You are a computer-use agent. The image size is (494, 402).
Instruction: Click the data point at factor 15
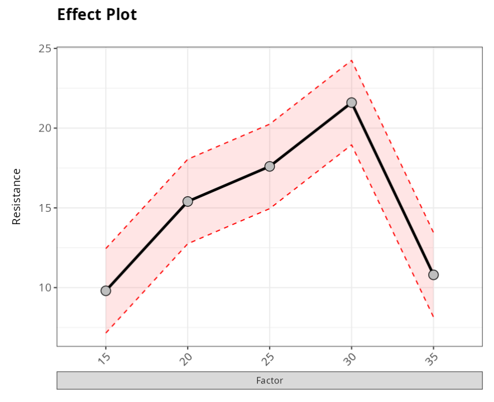[105, 290]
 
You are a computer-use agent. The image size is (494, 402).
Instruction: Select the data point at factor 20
[188, 201]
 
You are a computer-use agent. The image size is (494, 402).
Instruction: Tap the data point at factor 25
[270, 166]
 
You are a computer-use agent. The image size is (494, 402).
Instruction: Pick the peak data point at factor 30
[352, 103]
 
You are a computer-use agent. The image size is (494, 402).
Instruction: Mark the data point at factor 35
[433, 275]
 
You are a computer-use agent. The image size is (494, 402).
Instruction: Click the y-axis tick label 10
[45, 288]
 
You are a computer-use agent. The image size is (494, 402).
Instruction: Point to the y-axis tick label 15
[45, 208]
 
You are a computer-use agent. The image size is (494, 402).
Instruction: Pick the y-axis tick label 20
[45, 128]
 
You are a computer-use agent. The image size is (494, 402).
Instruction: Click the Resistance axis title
[17, 196]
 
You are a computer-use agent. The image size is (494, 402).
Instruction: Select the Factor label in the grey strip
[270, 381]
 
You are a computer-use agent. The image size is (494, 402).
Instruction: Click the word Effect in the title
[80, 15]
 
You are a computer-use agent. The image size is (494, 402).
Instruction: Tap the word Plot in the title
[122, 15]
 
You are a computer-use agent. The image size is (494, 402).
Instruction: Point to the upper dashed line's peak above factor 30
[352, 60]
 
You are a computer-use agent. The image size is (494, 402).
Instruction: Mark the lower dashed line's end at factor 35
[433, 317]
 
